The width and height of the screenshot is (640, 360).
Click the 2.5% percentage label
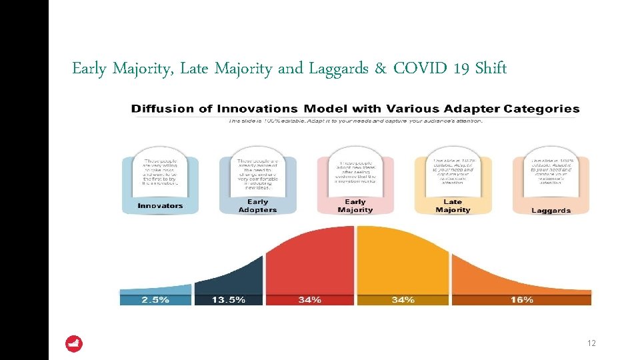pyautogui.click(x=155, y=300)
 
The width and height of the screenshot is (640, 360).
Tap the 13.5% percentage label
pyautogui.click(x=228, y=300)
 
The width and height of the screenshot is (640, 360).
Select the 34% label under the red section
pyautogui.click(x=309, y=300)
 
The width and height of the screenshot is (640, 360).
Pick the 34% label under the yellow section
pyautogui.click(x=403, y=300)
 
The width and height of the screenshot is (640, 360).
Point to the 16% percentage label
pyautogui.click(x=521, y=300)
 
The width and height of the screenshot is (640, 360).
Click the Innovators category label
pyautogui.click(x=160, y=206)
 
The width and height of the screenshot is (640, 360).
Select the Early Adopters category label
pyautogui.click(x=257, y=206)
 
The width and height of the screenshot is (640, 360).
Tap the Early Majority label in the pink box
pyautogui.click(x=355, y=206)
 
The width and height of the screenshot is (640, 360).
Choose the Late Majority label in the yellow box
pyautogui.click(x=453, y=206)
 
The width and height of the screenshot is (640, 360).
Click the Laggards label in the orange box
pyautogui.click(x=551, y=211)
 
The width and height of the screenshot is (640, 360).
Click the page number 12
pyautogui.click(x=591, y=343)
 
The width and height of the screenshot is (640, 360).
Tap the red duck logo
pyautogui.click(x=74, y=344)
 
